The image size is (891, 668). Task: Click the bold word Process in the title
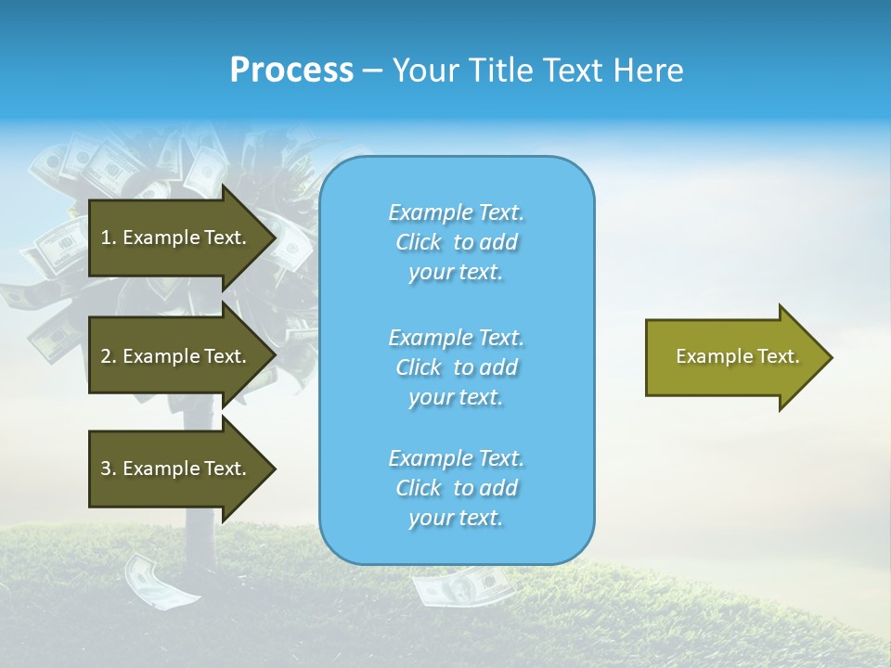pos(291,71)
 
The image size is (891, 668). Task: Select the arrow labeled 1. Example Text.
pos(176,238)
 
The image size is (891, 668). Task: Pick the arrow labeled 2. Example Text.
pos(176,356)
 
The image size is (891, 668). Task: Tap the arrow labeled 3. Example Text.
pos(176,469)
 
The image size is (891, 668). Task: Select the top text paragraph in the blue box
pos(456,242)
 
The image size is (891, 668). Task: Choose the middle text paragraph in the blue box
pos(456,367)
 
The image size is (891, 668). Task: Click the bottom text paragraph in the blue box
pos(456,488)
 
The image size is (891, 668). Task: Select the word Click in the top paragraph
pos(419,242)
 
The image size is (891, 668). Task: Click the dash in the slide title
pos(372,71)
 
